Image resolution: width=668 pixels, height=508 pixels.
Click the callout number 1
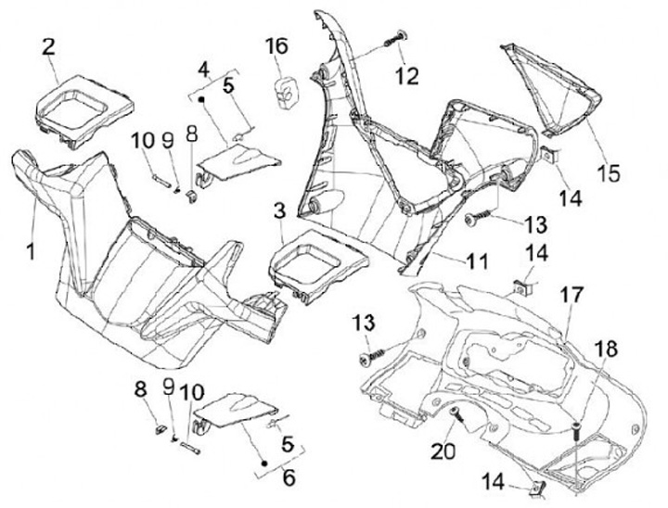click(x=30, y=250)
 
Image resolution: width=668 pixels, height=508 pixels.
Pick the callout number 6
click(x=288, y=479)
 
